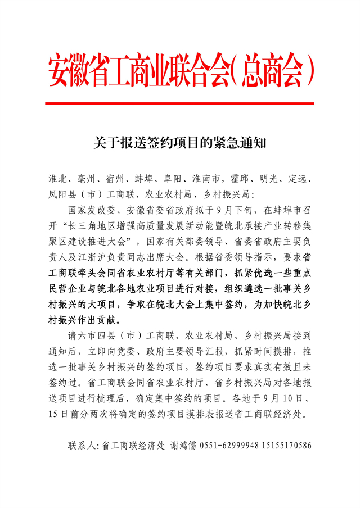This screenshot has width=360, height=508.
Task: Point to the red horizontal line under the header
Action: [180, 103]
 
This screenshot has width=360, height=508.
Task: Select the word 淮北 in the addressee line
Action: [58, 180]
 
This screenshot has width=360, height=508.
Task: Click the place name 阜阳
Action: [174, 180]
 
